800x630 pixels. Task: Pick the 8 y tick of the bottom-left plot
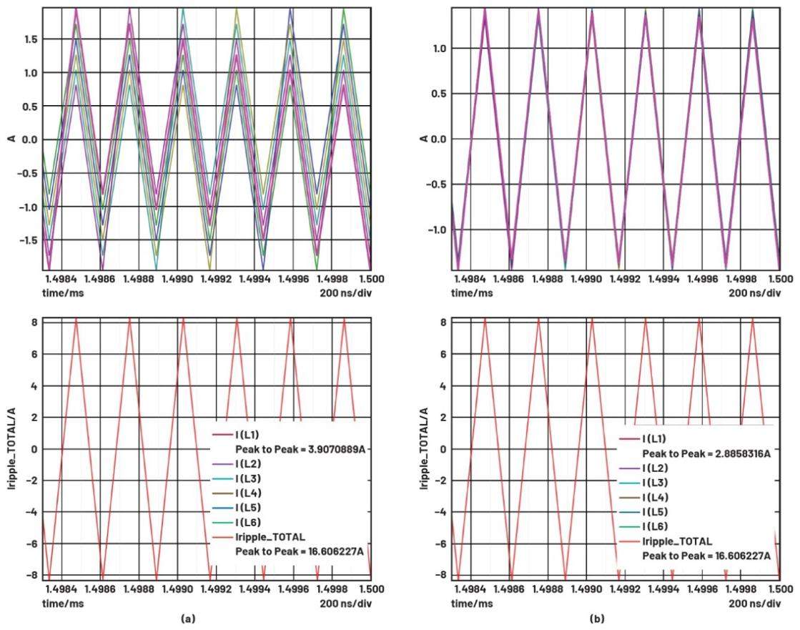click(x=34, y=323)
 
